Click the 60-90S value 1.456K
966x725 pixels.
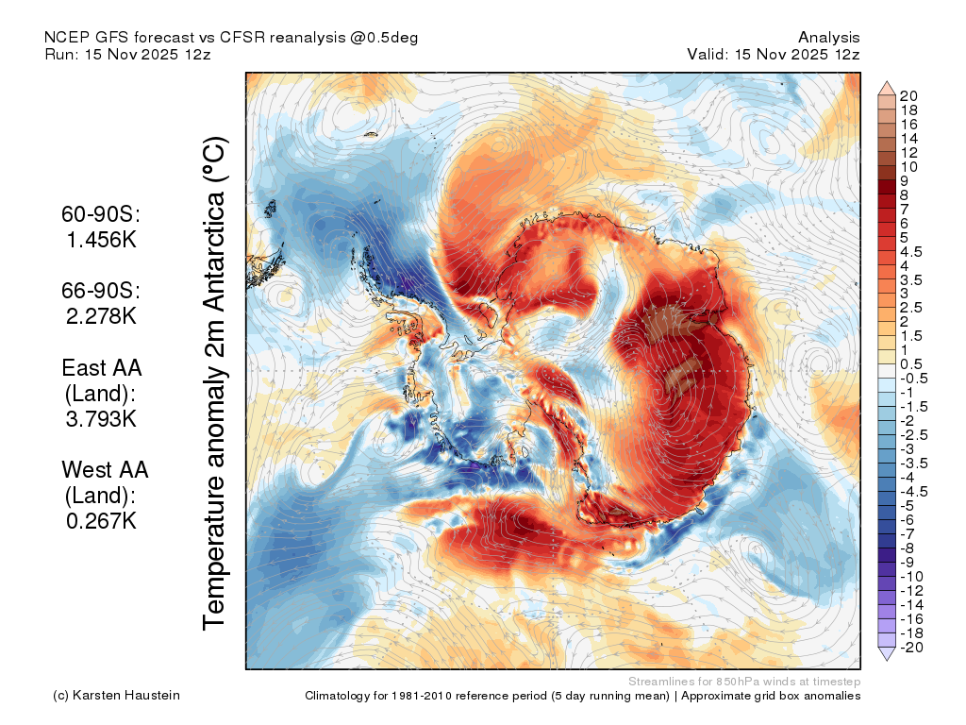(x=101, y=240)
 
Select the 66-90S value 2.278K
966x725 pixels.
(x=101, y=316)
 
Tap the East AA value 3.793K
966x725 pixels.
(x=101, y=419)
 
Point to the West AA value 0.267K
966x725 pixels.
(x=101, y=521)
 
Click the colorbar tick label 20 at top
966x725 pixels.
(x=908, y=96)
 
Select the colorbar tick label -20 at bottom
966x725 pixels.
(x=911, y=648)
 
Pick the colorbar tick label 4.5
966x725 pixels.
(x=911, y=252)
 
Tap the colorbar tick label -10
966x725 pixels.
(x=911, y=577)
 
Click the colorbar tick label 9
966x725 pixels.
(x=905, y=181)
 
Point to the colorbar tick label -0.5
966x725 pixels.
(x=913, y=379)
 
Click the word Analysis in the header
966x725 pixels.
(x=828, y=38)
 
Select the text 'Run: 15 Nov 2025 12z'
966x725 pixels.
(x=127, y=54)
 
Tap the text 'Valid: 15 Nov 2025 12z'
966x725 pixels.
(x=774, y=54)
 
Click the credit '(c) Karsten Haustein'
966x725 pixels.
(x=116, y=696)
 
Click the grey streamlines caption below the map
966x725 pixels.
(x=744, y=682)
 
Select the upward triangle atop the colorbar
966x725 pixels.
(x=887, y=88)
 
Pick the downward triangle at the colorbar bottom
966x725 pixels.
(x=887, y=654)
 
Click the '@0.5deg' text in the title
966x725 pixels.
(x=384, y=38)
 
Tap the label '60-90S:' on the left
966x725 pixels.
(x=101, y=214)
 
